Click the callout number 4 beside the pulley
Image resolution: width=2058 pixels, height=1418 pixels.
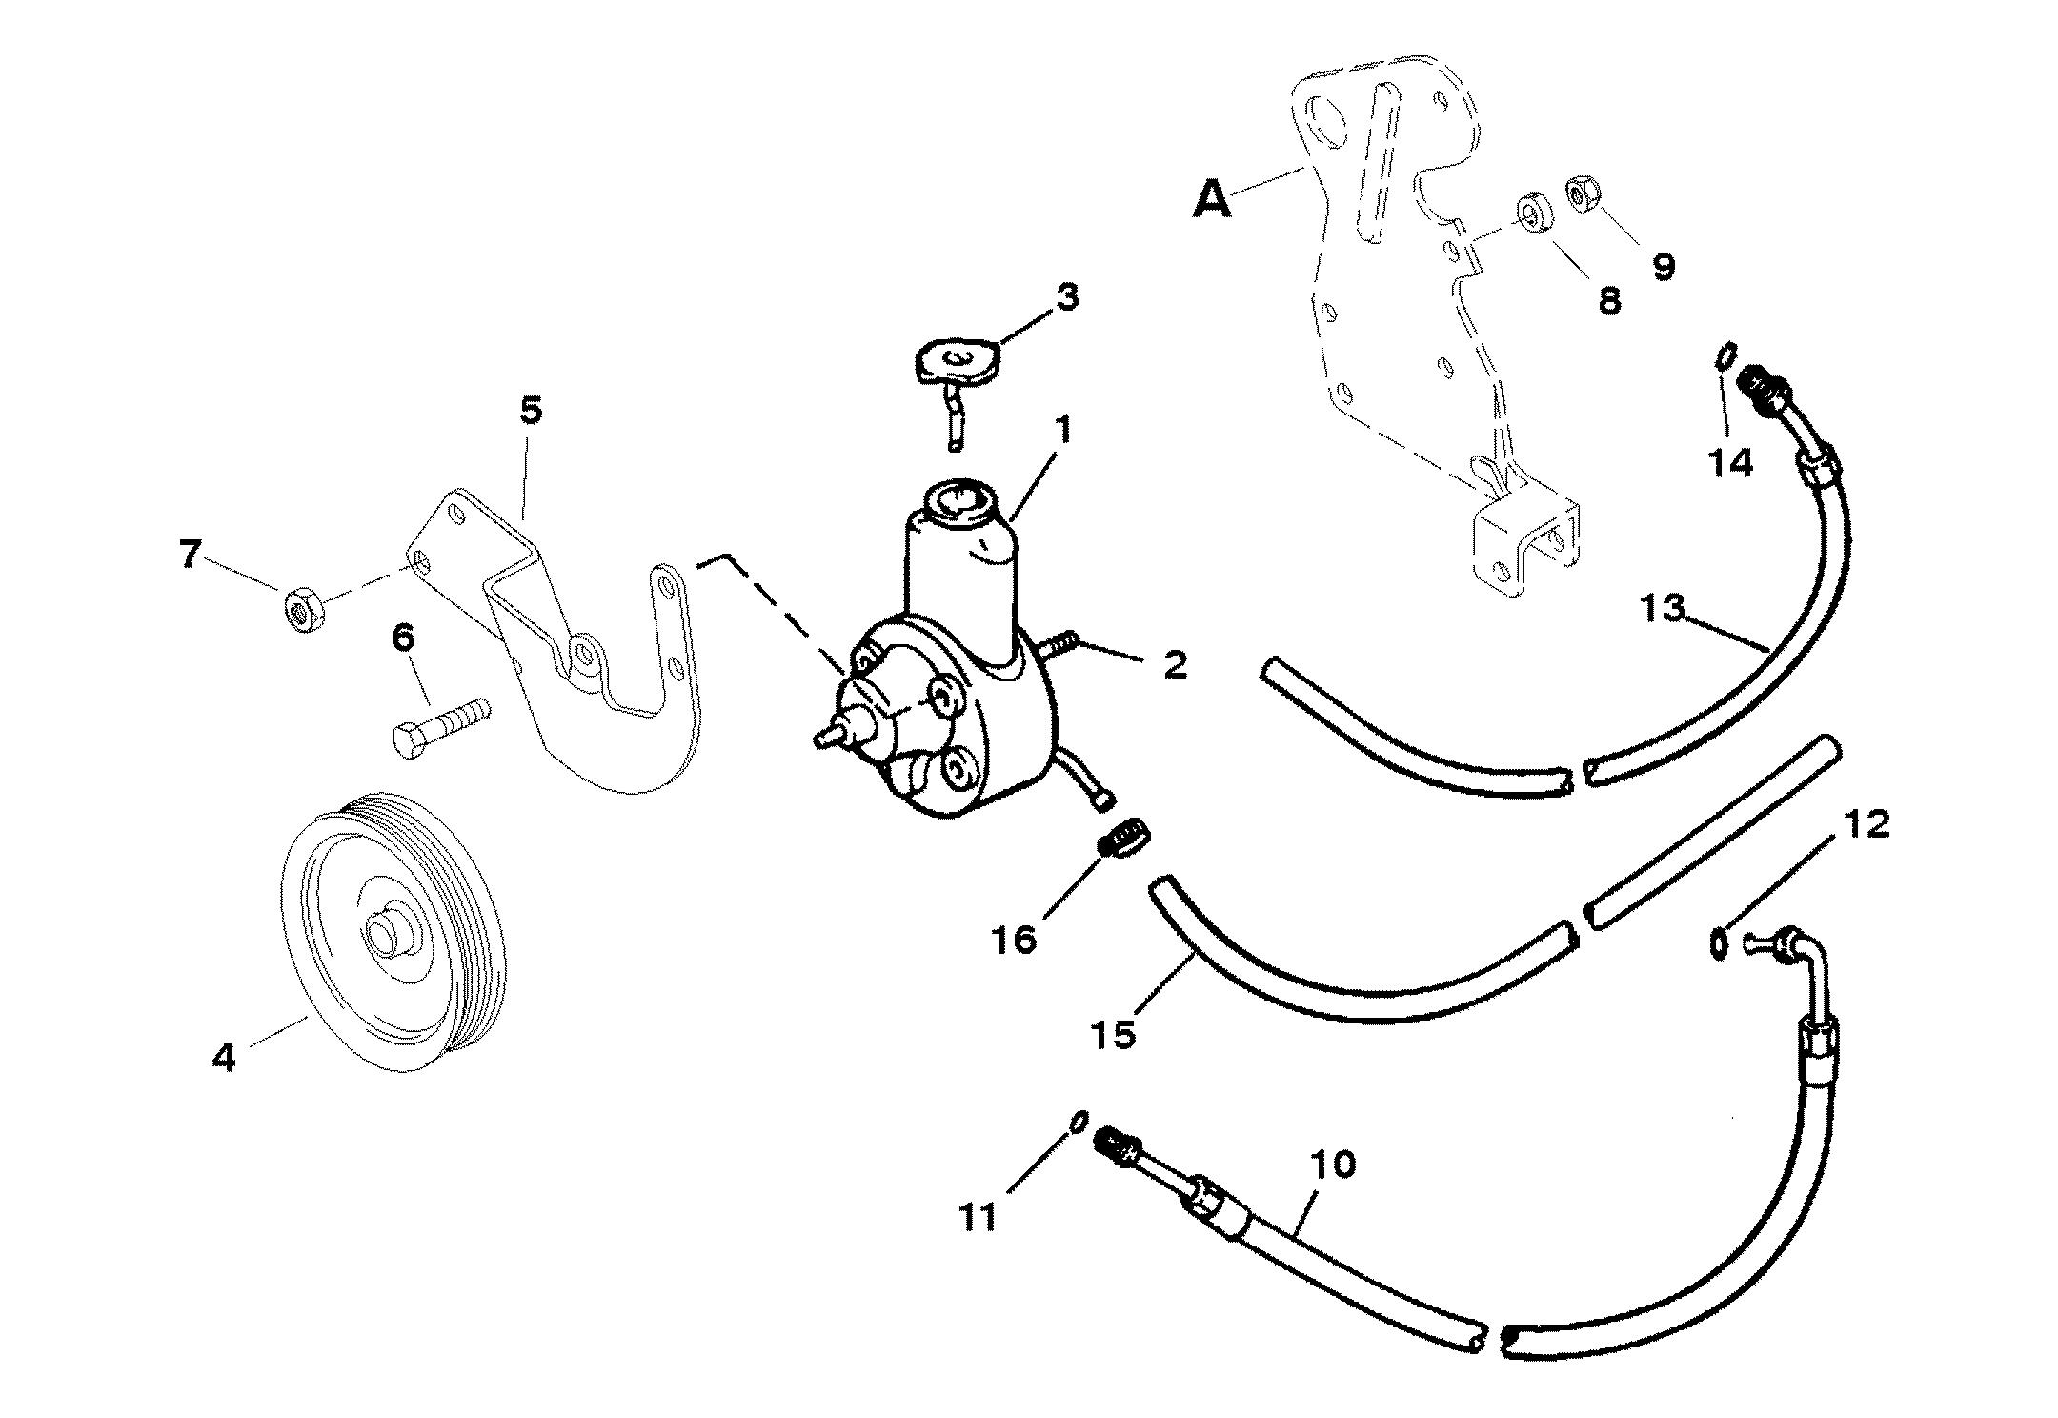pyautogui.click(x=223, y=1057)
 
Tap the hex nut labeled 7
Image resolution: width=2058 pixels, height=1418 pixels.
pyautogui.click(x=304, y=608)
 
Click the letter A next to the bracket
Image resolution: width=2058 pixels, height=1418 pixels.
pyautogui.click(x=1213, y=200)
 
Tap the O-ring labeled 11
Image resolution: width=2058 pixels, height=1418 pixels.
pyautogui.click(x=1079, y=1122)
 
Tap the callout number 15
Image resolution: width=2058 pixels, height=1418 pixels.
pyautogui.click(x=1115, y=1033)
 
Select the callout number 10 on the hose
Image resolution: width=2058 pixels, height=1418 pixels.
pyautogui.click(x=1332, y=1165)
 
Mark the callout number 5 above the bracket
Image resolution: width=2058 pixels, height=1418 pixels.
pyautogui.click(x=531, y=411)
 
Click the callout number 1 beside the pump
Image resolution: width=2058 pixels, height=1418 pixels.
pyautogui.click(x=1063, y=431)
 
